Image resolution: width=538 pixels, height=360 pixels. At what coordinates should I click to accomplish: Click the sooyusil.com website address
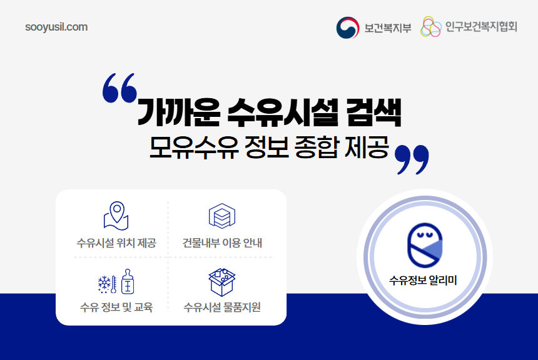coord(56,27)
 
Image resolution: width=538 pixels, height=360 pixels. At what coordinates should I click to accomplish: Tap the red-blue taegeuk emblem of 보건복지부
coord(348,27)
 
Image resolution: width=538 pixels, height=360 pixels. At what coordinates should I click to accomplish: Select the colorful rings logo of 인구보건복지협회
coord(430,27)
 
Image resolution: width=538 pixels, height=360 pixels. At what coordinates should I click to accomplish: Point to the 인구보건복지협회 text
coord(481,27)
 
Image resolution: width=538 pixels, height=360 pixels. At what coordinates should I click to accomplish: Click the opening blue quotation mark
coord(119,87)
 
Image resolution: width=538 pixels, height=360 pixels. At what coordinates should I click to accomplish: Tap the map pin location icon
coord(116,216)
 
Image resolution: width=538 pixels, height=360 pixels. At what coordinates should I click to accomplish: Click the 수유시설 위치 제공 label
coord(116,243)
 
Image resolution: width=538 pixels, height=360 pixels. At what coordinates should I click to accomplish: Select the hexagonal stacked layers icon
coord(221,216)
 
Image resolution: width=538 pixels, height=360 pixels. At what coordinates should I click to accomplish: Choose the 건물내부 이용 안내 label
coord(221,243)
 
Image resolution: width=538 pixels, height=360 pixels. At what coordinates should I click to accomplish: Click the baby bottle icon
coord(127,282)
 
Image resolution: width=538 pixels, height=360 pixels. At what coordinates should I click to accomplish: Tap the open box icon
coord(221,282)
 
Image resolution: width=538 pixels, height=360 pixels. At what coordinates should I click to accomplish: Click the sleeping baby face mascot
coord(424,244)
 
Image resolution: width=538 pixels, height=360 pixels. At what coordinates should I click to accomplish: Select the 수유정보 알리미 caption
coord(424,280)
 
